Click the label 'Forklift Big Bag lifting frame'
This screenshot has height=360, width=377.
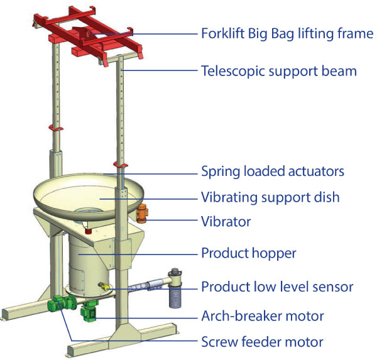tap(287, 33)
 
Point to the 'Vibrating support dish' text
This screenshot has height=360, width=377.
tap(270, 197)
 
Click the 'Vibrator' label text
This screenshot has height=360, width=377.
tap(226, 222)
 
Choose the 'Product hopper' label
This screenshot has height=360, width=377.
tap(248, 254)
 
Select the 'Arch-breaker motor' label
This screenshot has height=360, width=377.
tap(262, 315)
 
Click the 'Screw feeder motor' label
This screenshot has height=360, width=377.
tap(262, 342)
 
